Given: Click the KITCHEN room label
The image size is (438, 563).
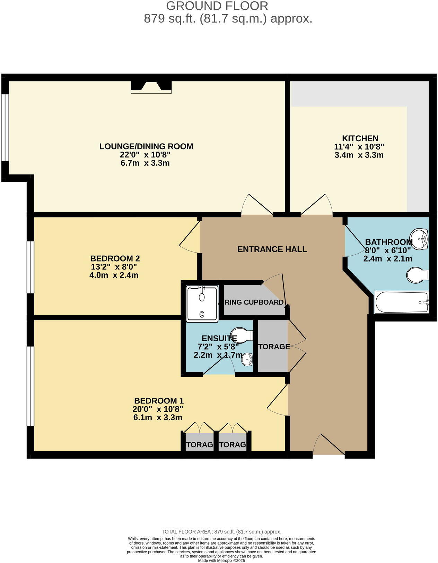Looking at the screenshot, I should (360, 138).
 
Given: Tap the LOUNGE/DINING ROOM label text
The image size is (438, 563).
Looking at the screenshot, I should (146, 146).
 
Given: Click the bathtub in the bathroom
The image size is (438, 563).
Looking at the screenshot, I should (402, 302).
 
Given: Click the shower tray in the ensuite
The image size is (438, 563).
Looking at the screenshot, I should (202, 304).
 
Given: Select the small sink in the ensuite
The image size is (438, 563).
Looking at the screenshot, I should (247, 359).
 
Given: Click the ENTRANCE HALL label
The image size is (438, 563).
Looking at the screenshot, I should (272, 249).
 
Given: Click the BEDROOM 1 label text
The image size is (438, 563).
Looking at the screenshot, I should (159, 401).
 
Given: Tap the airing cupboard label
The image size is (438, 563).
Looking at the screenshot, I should (254, 302).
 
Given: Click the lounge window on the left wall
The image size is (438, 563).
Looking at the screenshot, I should (5, 127).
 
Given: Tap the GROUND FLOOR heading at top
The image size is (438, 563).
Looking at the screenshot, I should (217, 6).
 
